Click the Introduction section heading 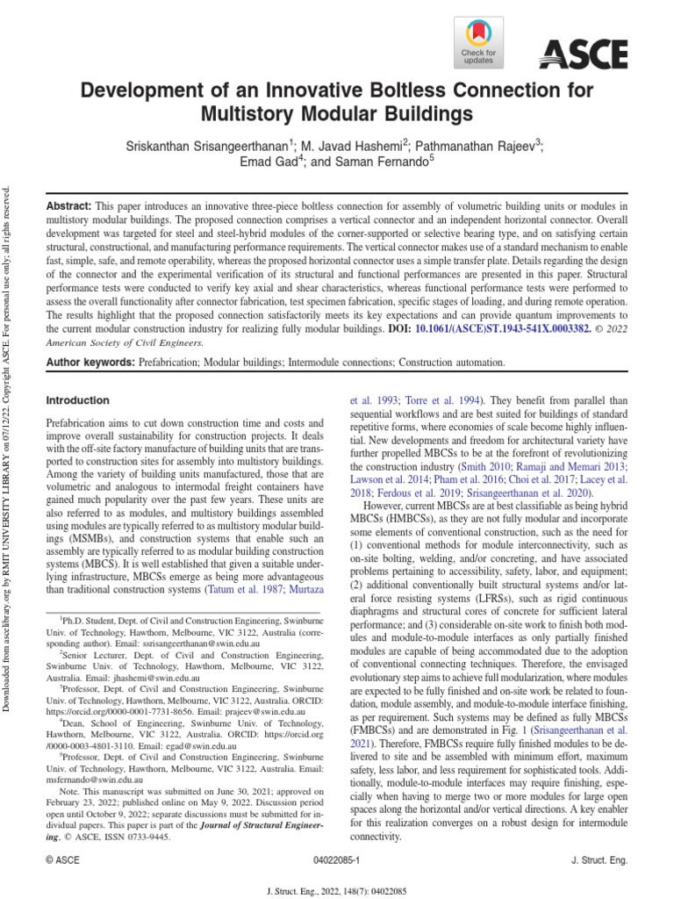tap(77, 400)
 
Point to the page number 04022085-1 tap(338, 861)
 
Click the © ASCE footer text tap(63, 861)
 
